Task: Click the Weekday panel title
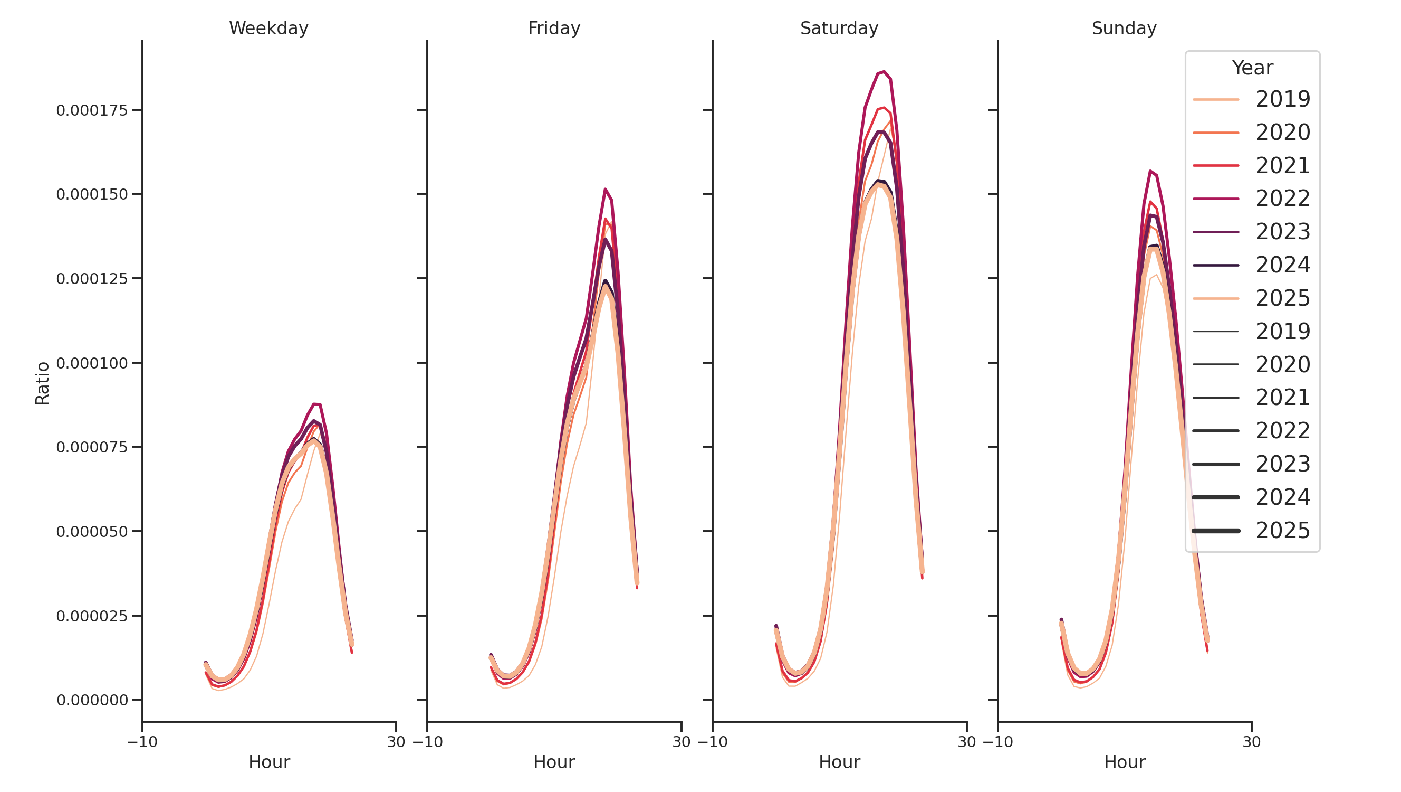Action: (268, 29)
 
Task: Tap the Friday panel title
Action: (554, 29)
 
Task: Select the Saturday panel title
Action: (839, 29)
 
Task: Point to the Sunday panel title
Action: (1124, 29)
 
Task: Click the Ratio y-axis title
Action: (42, 383)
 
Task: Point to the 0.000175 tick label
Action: (91, 110)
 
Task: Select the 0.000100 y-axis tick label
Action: (91, 363)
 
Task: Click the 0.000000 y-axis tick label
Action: (91, 700)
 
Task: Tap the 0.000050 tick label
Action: (91, 532)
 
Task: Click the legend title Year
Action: (1252, 68)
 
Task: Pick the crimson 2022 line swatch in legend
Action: (1215, 199)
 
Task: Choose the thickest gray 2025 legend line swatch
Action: (1215, 531)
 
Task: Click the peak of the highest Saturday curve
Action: (884, 72)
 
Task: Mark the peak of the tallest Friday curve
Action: (605, 190)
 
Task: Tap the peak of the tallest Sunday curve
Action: (1150, 171)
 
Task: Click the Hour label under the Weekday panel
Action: (268, 762)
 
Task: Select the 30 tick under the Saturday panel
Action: (966, 742)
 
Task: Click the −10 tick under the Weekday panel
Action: (142, 742)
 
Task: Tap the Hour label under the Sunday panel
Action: (1124, 762)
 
